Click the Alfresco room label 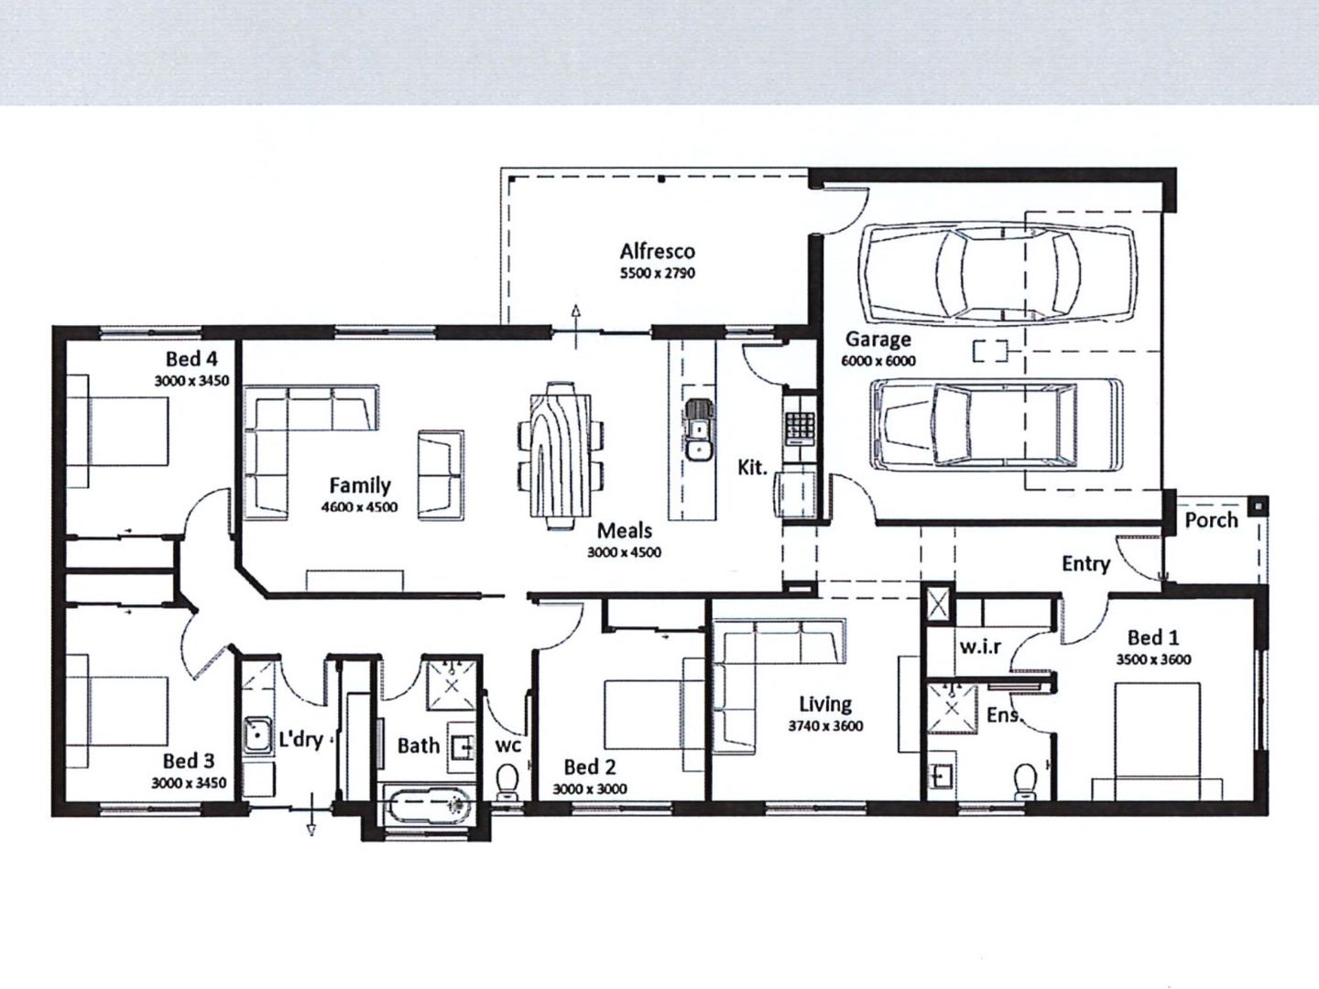click(657, 251)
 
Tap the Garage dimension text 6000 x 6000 click(878, 361)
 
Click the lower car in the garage click(997, 424)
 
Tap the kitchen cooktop click(800, 423)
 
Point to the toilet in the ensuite click(1027, 781)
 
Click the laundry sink click(258, 735)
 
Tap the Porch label click(1211, 520)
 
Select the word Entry click(1085, 564)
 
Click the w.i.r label click(980, 647)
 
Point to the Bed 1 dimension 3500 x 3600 click(1153, 659)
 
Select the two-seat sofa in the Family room click(441, 474)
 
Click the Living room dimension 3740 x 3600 click(825, 726)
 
